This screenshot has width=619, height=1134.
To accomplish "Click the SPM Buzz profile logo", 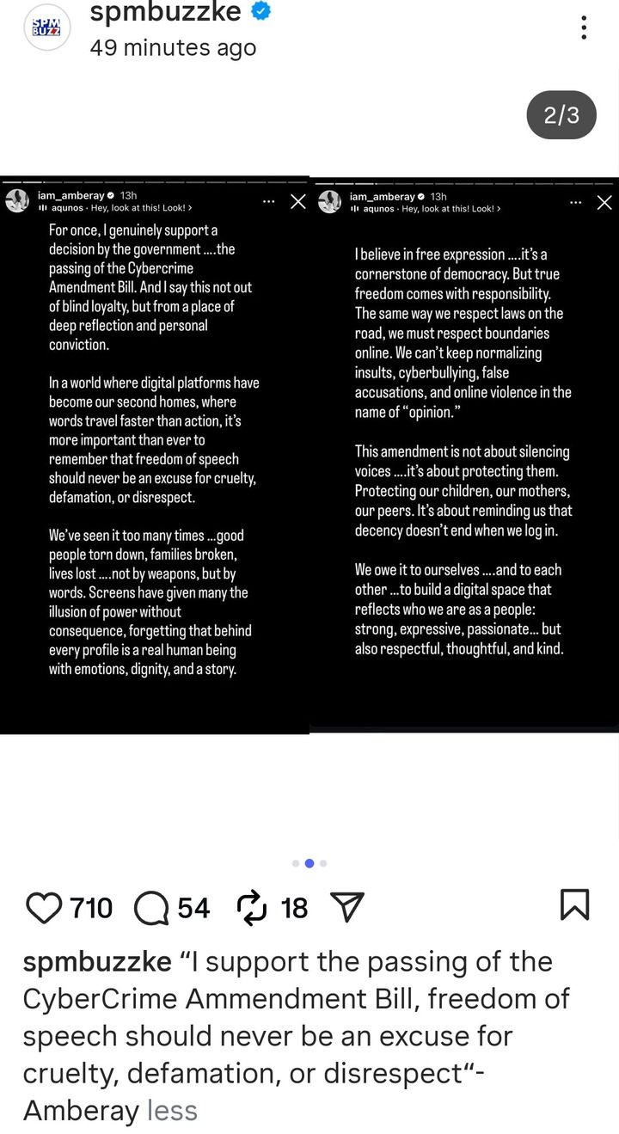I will click(x=46, y=28).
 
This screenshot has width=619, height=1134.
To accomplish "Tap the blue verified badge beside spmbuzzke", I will click(x=262, y=12).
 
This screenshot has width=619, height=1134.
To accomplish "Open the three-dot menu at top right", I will click(x=584, y=28).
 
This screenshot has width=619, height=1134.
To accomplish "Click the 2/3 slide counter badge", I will click(x=561, y=115).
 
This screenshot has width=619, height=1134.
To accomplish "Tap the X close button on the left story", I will click(x=297, y=202).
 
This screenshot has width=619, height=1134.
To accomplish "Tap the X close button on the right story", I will click(x=604, y=203).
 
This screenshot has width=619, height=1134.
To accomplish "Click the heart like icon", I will click(x=44, y=907).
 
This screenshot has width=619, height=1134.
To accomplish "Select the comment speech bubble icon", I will click(x=151, y=907).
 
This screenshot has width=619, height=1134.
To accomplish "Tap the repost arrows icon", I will click(x=253, y=907).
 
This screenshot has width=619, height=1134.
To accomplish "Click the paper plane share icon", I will click(x=346, y=907).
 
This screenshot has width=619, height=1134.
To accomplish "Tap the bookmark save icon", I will click(x=574, y=905).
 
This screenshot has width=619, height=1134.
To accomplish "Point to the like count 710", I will click(x=91, y=907).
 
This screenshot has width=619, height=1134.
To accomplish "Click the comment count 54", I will click(x=193, y=907).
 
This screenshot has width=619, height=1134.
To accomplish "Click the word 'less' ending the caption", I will click(x=172, y=1110).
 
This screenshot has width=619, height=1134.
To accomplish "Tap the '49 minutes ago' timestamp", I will click(x=173, y=48).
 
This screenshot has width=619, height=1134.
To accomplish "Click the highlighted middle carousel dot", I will click(x=309, y=862).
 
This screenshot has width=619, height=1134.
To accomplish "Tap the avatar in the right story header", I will click(x=330, y=202).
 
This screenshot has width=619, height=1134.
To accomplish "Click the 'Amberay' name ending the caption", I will click(x=81, y=1110).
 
